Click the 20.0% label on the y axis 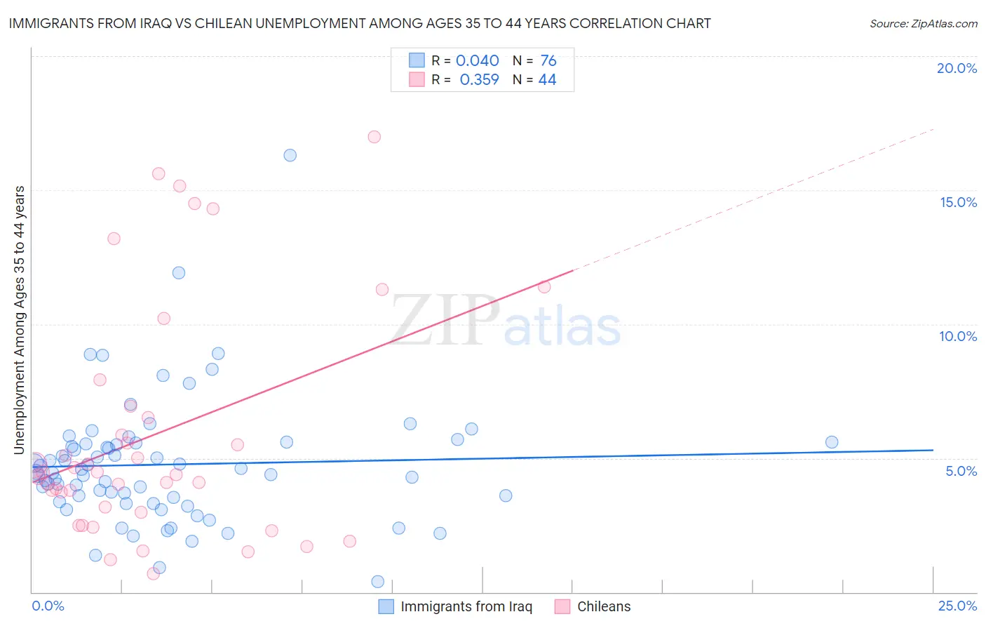(x=957, y=68)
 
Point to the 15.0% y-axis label (x=958, y=202)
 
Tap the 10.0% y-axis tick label (x=958, y=336)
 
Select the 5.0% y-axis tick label (x=961, y=471)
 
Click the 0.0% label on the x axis (x=48, y=606)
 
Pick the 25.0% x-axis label (x=957, y=606)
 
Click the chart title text (x=360, y=24)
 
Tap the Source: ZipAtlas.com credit (x=923, y=24)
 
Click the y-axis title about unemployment (x=20, y=320)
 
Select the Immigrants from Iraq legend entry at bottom (x=466, y=606)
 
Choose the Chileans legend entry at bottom (x=603, y=606)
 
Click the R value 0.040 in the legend (x=477, y=61)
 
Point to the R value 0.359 (x=479, y=80)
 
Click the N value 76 (x=548, y=61)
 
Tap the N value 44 (x=547, y=80)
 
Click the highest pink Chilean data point (x=374, y=137)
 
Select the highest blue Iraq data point (x=290, y=155)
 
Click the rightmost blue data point (x=832, y=442)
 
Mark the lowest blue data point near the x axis (x=377, y=582)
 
